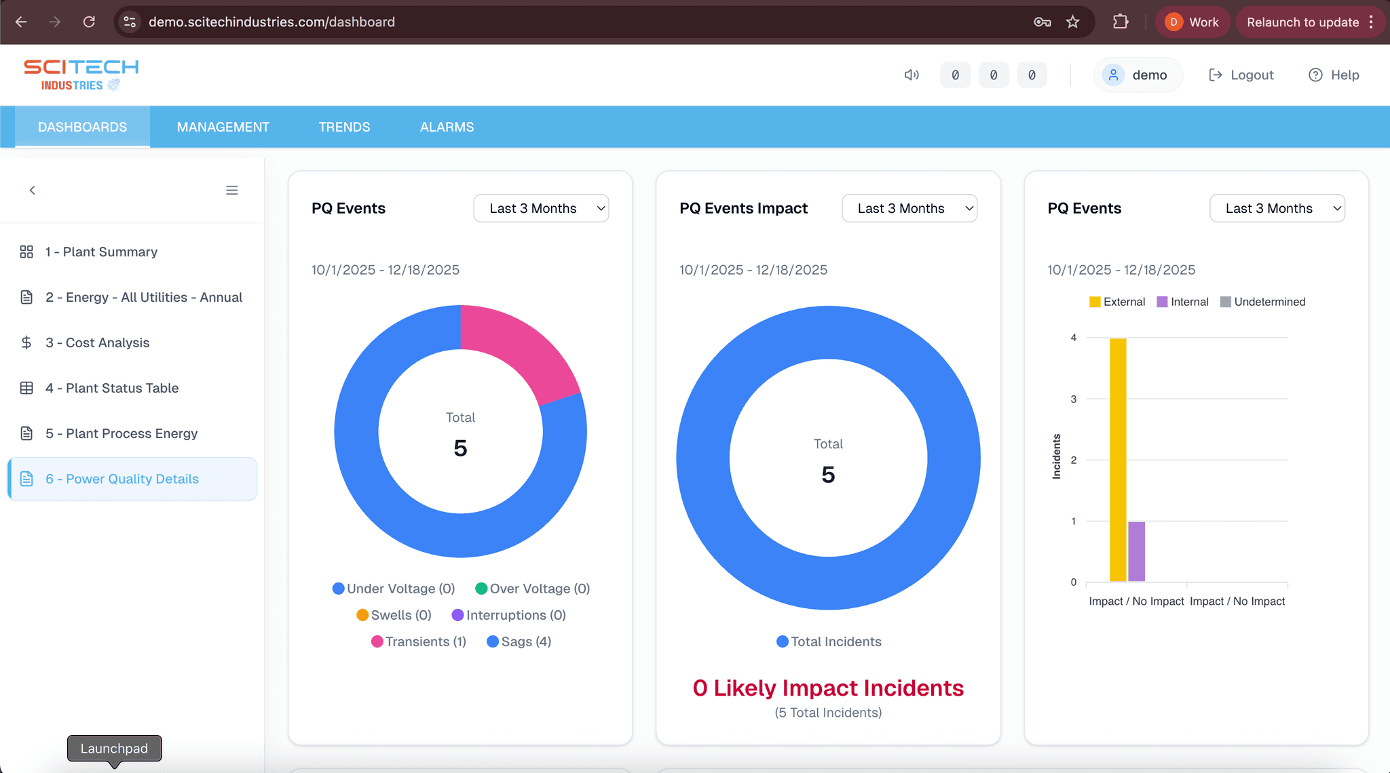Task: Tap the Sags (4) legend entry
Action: coord(519,641)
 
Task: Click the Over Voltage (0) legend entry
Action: coord(533,589)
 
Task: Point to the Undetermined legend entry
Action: coord(1262,302)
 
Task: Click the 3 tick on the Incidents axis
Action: coord(1073,399)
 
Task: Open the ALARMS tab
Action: coord(447,127)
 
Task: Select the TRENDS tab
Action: coord(344,127)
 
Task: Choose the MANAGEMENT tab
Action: coord(223,127)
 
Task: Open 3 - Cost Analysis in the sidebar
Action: coord(97,342)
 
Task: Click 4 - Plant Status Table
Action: coord(112,388)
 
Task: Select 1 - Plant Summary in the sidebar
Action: coord(101,252)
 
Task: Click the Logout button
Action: coord(1241,75)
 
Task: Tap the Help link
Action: coord(1334,75)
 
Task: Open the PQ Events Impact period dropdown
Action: coord(909,208)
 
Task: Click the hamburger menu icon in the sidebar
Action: coord(231,191)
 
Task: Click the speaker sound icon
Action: coord(912,75)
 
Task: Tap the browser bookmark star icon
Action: coord(1072,22)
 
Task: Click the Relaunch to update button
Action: coord(1302,22)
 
